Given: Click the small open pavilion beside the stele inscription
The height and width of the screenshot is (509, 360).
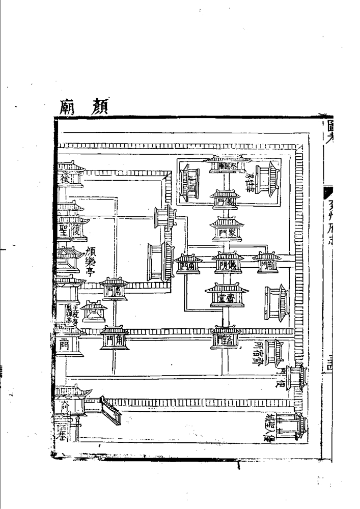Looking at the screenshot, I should (x=94, y=312).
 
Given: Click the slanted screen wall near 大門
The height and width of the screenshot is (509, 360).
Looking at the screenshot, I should (x=109, y=409).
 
